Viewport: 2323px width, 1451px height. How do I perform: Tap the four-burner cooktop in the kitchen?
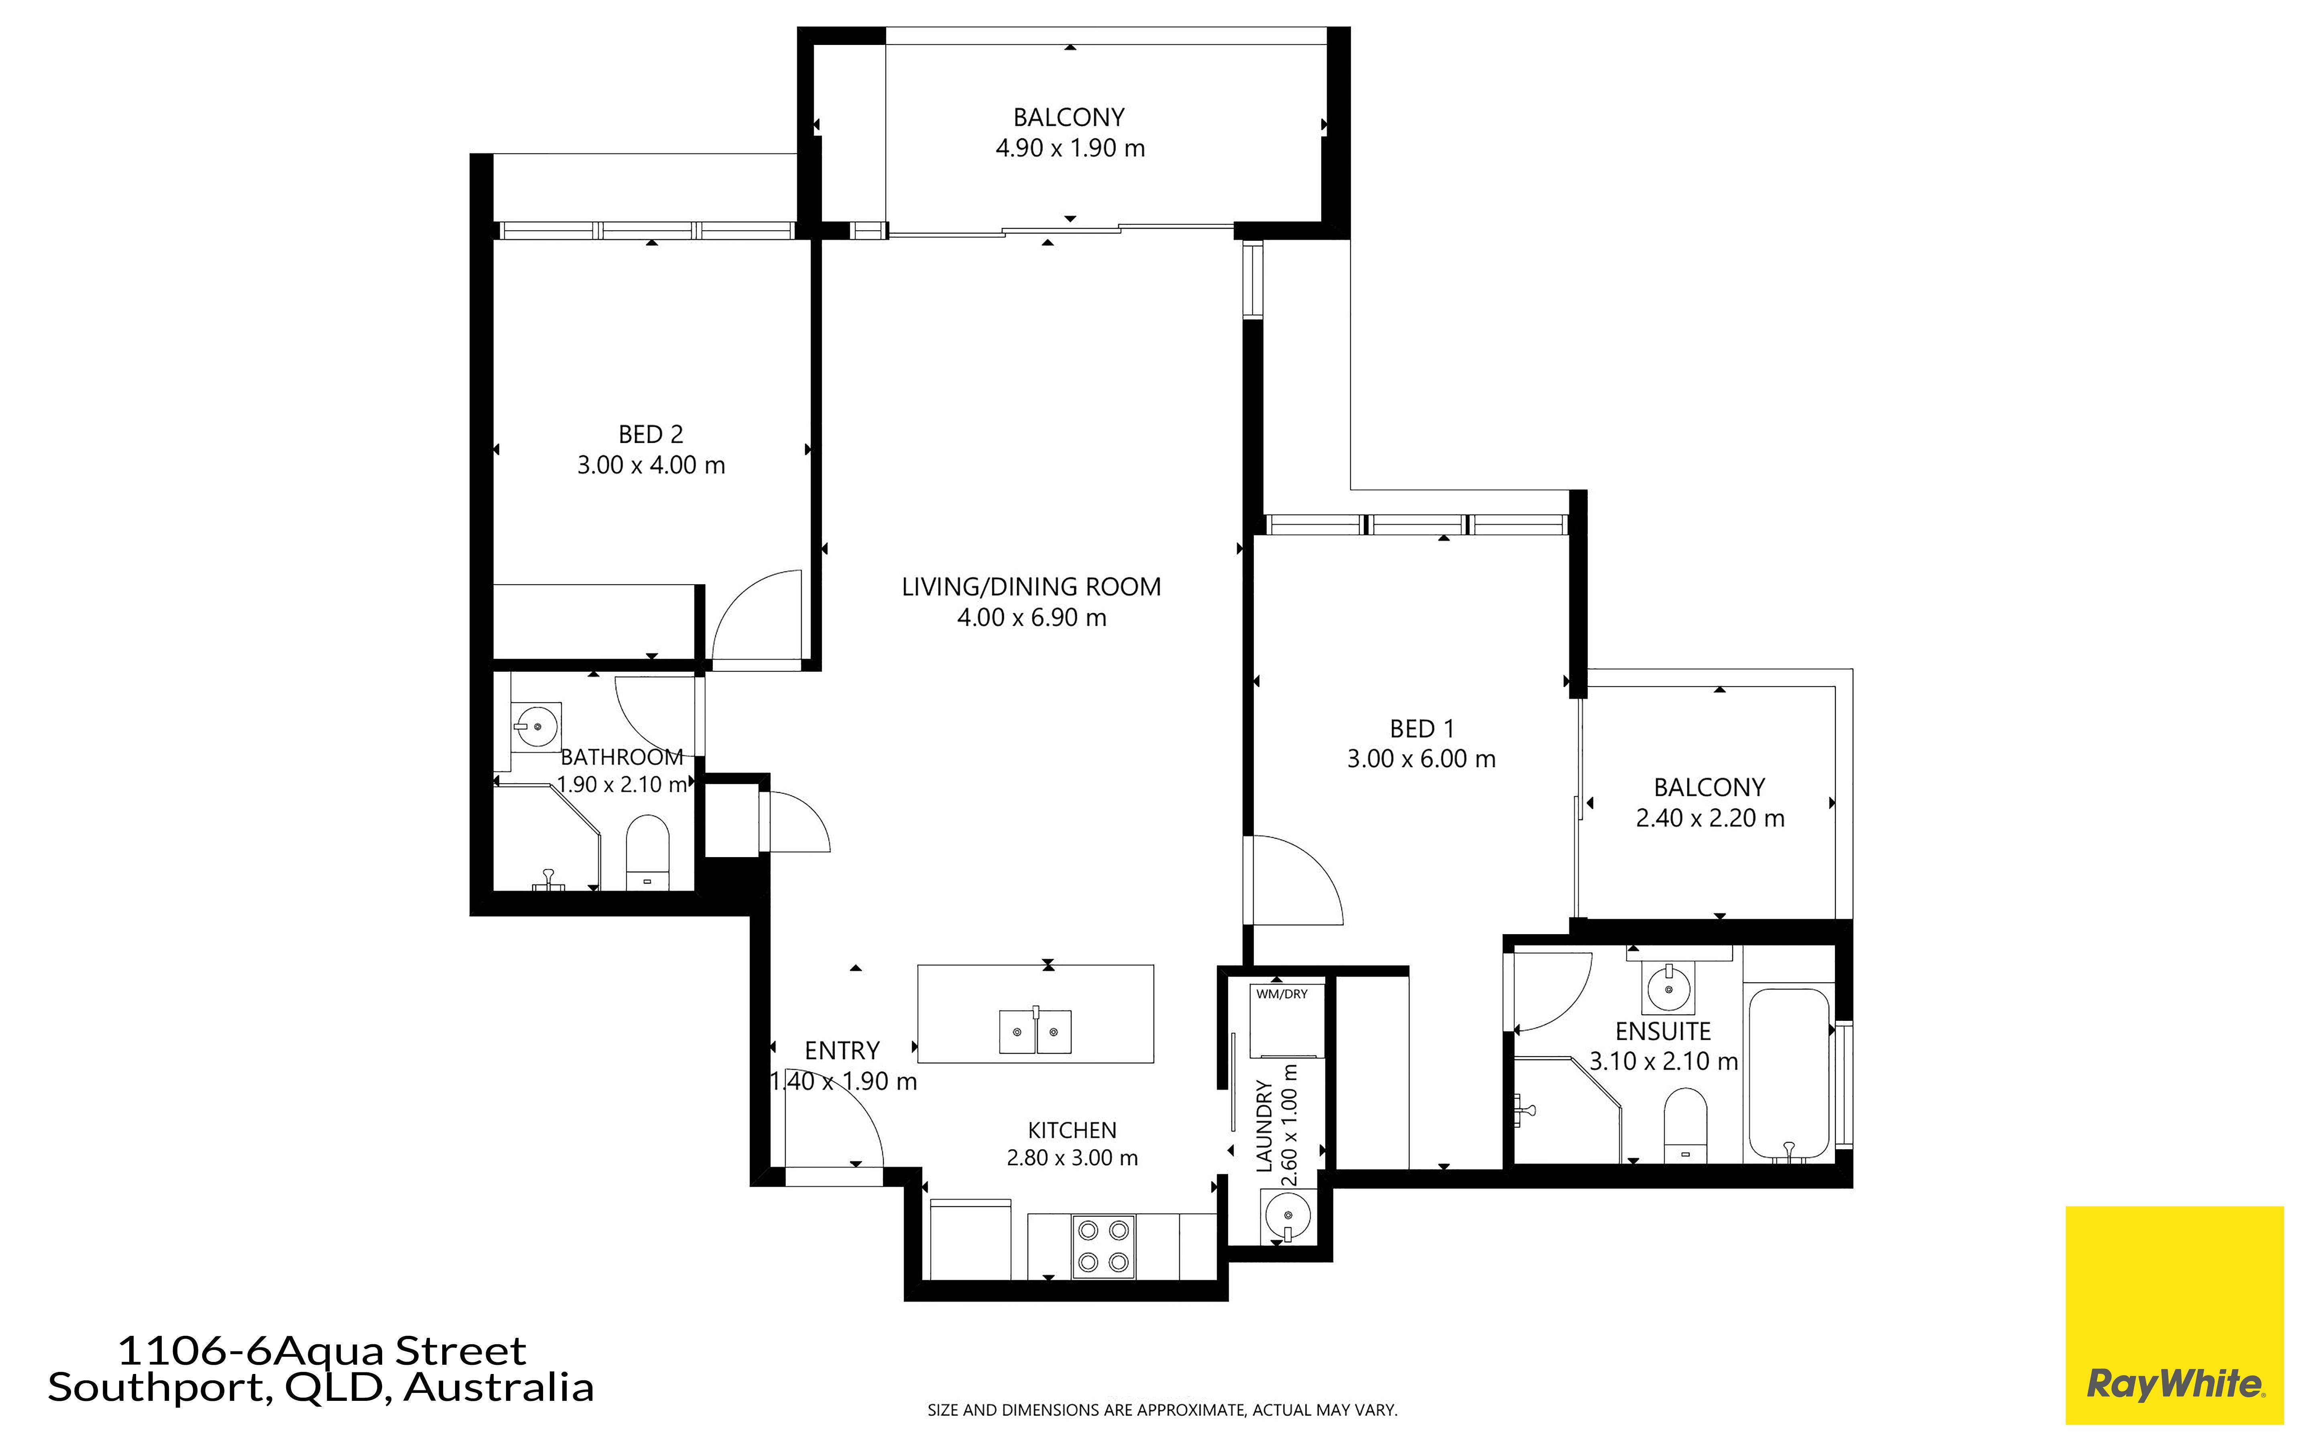(1103, 1247)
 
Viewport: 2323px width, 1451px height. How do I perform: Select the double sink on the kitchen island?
(1035, 1031)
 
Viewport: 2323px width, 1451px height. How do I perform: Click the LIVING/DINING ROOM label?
(1031, 586)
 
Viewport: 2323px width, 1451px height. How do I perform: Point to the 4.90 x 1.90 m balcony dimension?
(1070, 148)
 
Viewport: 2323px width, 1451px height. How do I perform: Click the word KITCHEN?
(1072, 1130)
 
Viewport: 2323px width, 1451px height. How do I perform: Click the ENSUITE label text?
(1663, 1032)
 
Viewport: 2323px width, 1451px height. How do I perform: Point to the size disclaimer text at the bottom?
(1162, 1410)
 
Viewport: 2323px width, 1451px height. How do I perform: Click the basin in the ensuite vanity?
(1669, 988)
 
